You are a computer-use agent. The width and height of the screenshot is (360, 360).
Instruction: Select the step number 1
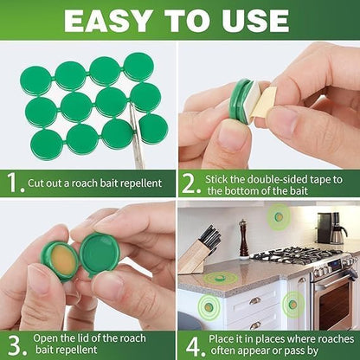click(x=12, y=183)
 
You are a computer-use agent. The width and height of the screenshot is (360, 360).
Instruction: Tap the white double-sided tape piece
click(x=266, y=104)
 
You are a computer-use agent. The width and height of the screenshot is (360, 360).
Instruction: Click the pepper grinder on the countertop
click(x=245, y=239)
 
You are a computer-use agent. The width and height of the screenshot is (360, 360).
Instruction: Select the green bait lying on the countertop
click(x=222, y=278)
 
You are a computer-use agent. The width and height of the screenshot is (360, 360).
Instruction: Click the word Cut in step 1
click(x=40, y=183)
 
